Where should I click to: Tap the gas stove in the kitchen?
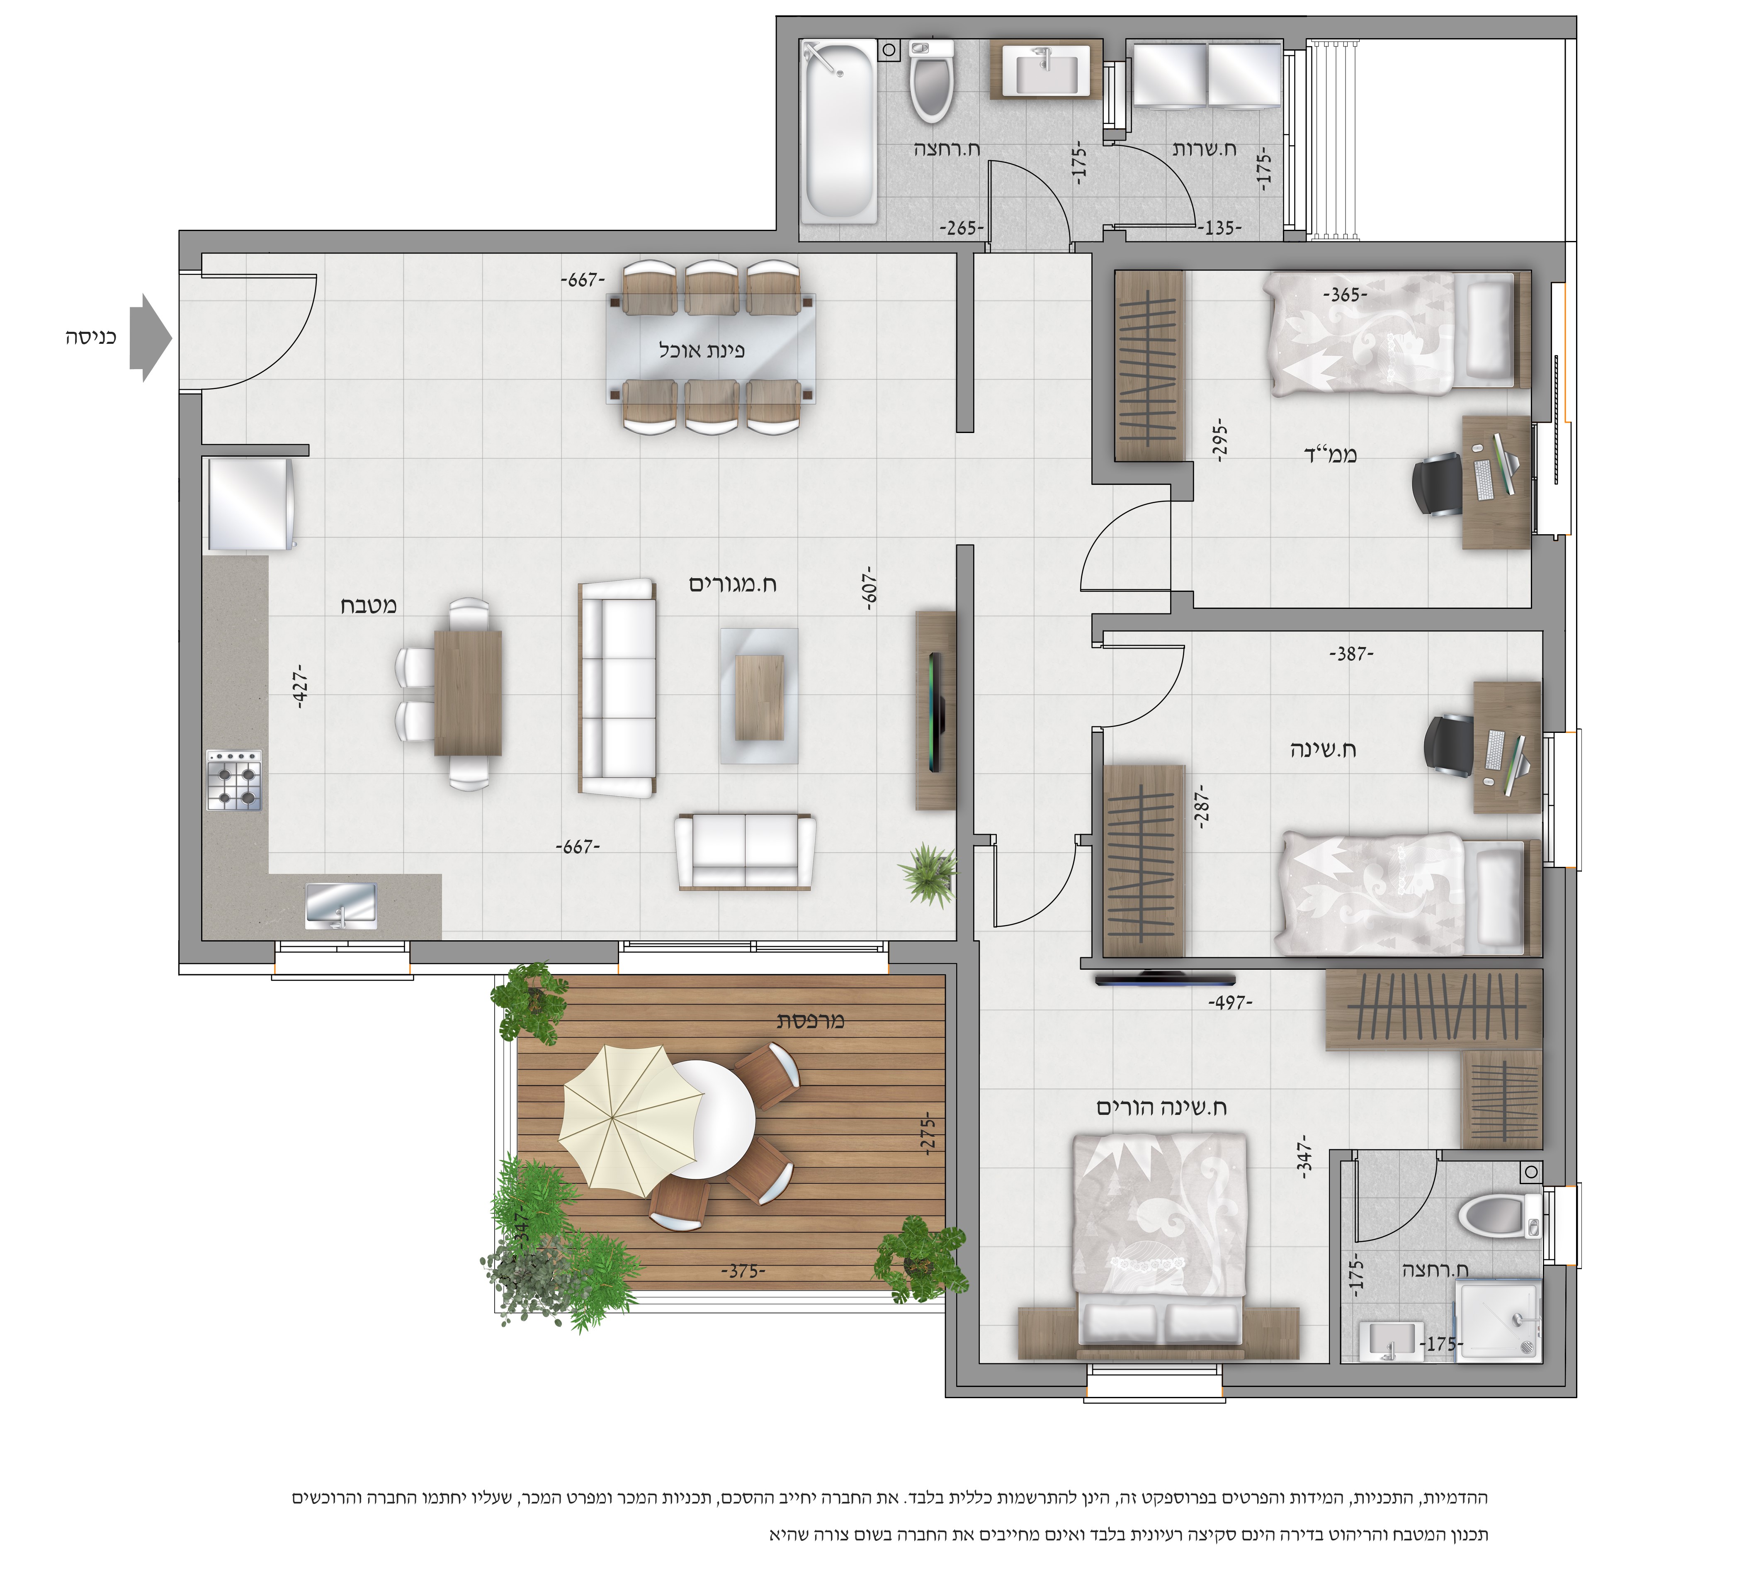point(234,780)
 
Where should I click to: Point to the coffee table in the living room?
point(759,696)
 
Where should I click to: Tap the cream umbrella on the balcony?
point(631,1120)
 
